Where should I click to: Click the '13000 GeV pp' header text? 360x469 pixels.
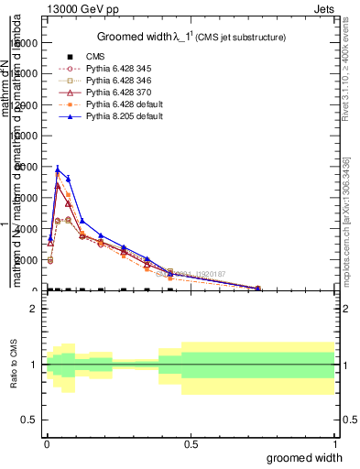coord(82,8)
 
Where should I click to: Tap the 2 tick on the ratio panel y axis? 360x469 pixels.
coord(33,309)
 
